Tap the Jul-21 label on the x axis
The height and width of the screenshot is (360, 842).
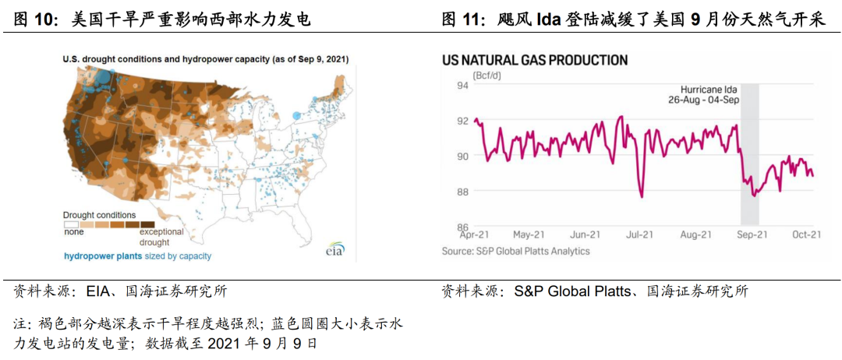tap(640, 235)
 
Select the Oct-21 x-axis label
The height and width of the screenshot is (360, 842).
tap(807, 235)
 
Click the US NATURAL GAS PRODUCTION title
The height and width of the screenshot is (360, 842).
tap(534, 59)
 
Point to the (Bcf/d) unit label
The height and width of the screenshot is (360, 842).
tap(487, 76)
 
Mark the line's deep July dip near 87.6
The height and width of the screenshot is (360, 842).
tap(642, 197)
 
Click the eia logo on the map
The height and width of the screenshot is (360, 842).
tap(335, 249)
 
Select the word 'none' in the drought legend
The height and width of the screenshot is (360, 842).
tap(73, 231)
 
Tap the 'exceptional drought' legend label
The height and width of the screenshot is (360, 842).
tap(161, 237)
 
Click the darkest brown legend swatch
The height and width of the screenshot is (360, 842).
tap(147, 224)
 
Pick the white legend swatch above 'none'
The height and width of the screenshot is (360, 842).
tap(71, 224)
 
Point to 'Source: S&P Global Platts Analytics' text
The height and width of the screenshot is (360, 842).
tap(515, 251)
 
